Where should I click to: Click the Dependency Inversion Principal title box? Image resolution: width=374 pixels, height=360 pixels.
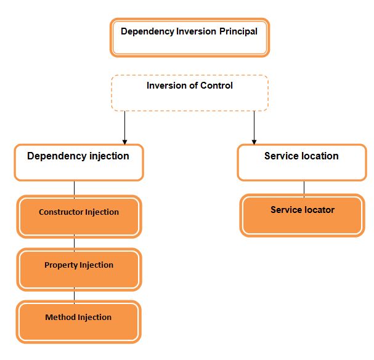(190, 38)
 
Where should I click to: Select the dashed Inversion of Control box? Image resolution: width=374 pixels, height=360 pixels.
(190, 94)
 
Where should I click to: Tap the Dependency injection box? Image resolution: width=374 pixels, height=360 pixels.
(78, 162)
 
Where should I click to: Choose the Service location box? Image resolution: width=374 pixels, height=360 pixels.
(301, 162)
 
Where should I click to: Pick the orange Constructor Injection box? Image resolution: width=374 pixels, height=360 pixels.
(79, 217)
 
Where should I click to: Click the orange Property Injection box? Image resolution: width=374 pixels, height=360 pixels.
(79, 270)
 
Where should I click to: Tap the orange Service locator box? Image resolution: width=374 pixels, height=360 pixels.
(302, 215)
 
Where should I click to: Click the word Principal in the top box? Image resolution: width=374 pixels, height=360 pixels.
(238, 31)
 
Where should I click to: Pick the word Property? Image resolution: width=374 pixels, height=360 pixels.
(60, 265)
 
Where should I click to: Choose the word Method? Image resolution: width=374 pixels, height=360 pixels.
(60, 318)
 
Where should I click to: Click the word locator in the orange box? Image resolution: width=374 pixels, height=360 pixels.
(319, 210)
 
